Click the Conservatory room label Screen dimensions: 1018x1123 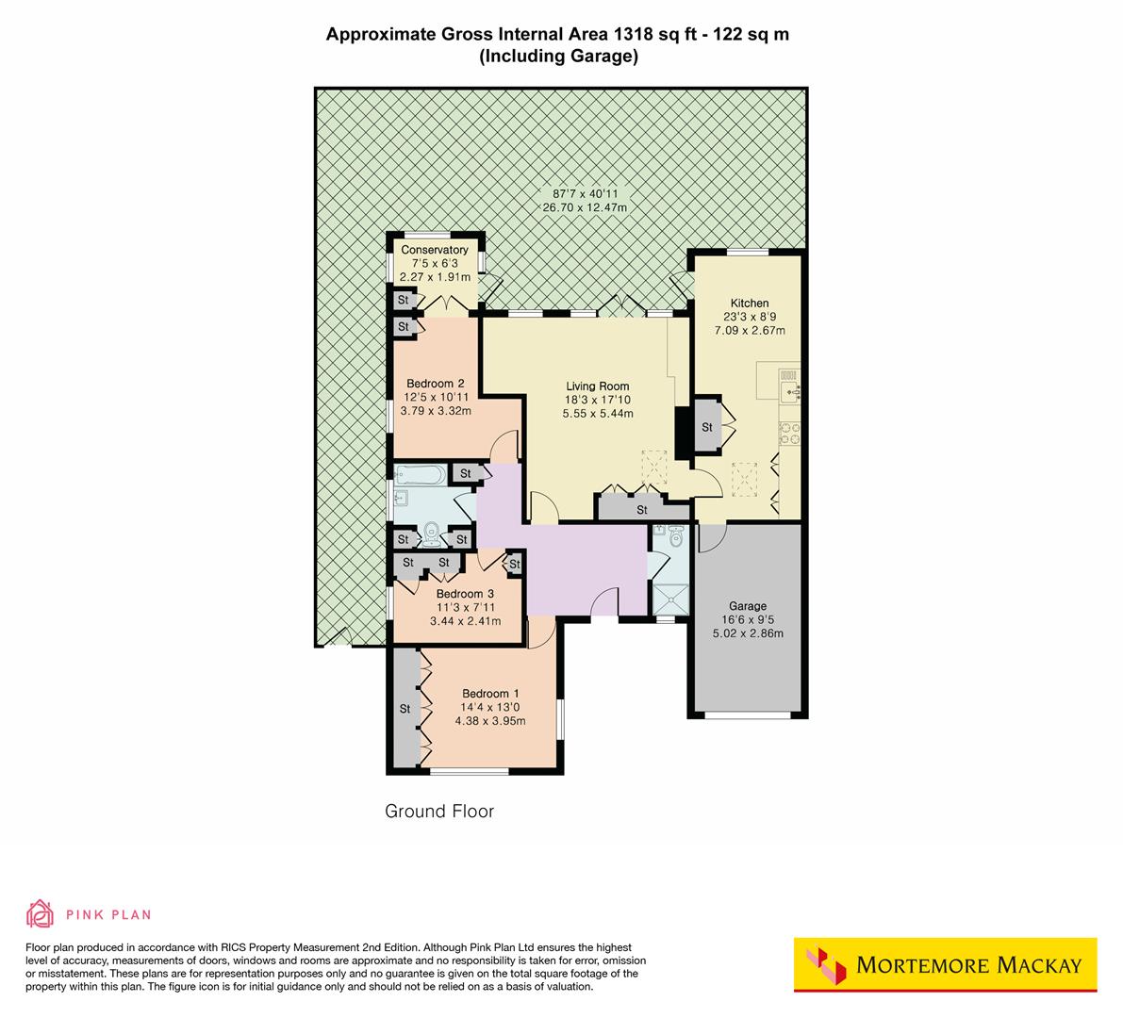coord(435,250)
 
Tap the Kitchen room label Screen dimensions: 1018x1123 coord(750,304)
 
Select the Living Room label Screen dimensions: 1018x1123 coord(597,386)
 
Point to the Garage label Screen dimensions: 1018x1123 coord(748,606)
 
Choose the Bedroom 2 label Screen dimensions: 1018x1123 coord(435,384)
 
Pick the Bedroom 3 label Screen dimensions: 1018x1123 coord(465,594)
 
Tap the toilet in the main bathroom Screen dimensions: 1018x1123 coord(432,534)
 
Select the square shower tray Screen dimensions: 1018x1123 coord(670,598)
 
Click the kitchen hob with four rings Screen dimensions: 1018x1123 coord(789,432)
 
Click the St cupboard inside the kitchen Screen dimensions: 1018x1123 coord(707,427)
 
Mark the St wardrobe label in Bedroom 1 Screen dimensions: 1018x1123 coord(405,708)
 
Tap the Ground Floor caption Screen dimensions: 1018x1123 coord(439,811)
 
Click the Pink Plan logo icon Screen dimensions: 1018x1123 coord(41,913)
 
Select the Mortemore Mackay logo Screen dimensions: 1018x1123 coord(945,964)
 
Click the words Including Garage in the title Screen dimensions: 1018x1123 coord(559,57)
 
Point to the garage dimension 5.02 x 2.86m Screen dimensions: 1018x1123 coord(748,633)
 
